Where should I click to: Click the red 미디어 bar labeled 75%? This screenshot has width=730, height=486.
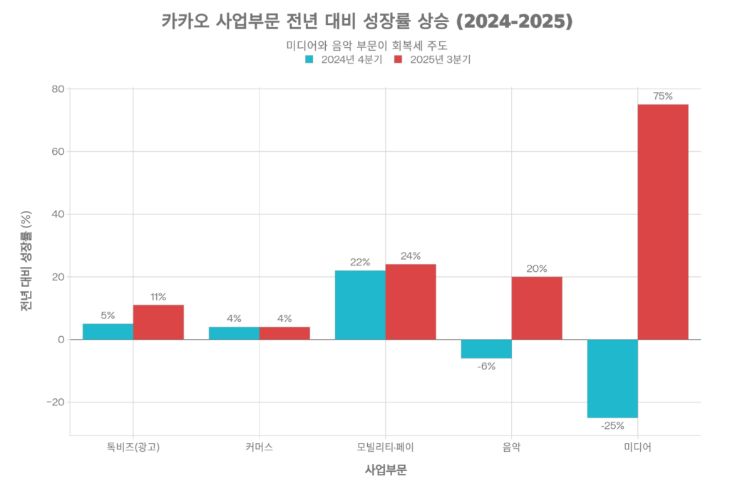663,221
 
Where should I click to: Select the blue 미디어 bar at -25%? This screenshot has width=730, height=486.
612,378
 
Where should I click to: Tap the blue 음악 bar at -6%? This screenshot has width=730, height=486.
486,349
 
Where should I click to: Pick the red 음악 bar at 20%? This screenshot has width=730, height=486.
537,308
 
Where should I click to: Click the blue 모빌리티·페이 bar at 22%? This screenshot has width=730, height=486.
360,305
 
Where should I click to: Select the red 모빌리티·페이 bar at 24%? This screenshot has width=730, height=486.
411,302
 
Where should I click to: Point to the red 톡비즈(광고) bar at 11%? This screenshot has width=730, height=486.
158,322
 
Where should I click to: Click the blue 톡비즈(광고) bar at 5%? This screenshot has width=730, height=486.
108,331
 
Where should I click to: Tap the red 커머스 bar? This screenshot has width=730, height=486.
284,333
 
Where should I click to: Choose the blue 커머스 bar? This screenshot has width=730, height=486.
234,333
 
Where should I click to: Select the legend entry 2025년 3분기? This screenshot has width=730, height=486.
432,59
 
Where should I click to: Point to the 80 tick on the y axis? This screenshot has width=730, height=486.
57,89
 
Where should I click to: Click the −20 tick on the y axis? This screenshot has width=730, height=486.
54,402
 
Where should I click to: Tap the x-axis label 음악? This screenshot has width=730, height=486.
511,447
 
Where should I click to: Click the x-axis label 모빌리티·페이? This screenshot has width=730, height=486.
385,447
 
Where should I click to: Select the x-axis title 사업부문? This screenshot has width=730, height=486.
385,470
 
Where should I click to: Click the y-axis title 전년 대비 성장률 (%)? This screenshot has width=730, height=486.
26,262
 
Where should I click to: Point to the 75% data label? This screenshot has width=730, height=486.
663,96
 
